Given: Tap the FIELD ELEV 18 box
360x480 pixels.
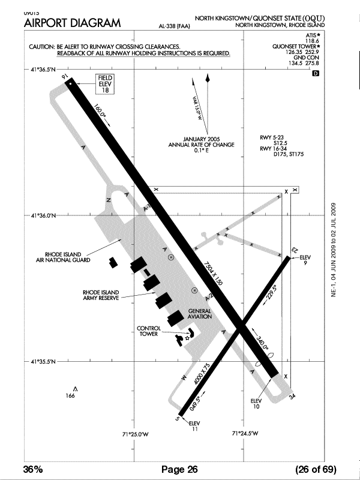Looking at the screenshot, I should coord(106,84).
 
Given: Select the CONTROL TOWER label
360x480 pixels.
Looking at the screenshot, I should coord(148,331).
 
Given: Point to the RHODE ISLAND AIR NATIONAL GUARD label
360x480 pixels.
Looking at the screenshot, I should coord(63,257).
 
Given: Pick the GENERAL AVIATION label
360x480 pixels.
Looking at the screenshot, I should coord(200,313).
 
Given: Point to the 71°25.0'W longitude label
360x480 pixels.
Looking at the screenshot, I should coord(135,434).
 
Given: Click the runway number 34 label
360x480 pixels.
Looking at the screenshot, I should coord(293,397).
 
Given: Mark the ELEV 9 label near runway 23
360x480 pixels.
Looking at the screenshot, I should coord(306,260).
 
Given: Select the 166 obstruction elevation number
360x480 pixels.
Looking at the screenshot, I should coord(71,396).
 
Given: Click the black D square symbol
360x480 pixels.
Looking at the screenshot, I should coord(316,73).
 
